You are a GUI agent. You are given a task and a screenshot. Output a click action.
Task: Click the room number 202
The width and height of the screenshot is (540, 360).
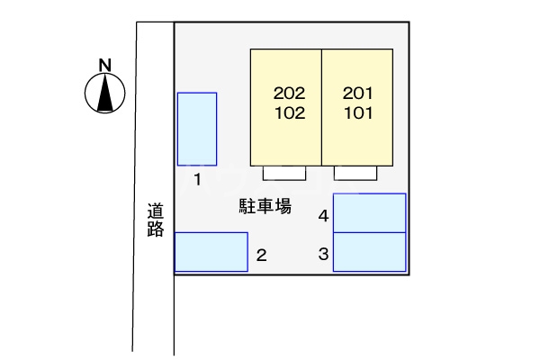tap(289, 94)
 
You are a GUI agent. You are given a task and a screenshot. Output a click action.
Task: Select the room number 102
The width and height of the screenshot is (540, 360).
tap(289, 113)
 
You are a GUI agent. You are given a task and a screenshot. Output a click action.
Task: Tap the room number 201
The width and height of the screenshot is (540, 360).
tap(357, 94)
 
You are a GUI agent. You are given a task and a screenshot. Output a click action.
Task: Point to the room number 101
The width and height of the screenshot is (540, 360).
tap(357, 113)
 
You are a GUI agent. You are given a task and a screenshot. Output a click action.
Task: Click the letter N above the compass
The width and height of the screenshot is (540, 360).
tap(104, 64)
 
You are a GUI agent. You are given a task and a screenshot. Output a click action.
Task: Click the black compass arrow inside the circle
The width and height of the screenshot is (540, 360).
tap(104, 93)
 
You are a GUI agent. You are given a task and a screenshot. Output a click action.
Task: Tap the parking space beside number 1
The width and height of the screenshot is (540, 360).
tap(196, 130)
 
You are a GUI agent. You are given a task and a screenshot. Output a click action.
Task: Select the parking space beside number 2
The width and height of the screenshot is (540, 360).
tap(211, 251)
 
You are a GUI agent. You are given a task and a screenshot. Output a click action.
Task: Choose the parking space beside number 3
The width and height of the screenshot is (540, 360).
tap(369, 252)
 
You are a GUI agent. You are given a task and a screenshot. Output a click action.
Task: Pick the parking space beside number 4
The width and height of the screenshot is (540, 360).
tap(369, 213)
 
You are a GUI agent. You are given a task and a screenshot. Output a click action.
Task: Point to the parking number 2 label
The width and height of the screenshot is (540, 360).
tap(261, 256)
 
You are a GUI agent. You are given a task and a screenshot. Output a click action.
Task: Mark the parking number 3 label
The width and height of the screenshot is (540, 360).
tap(322, 255)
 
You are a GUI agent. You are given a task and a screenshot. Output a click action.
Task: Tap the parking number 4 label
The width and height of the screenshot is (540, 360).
tap(322, 216)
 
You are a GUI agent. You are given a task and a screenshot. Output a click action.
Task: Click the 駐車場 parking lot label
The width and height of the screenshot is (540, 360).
tap(265, 206)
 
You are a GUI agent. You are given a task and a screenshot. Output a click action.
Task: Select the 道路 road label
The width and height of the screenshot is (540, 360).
tap(156, 220)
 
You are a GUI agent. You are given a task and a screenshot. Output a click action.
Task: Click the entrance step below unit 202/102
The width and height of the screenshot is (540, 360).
tap(284, 174)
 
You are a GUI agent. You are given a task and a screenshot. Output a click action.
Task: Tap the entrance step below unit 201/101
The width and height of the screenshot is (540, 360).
tap(356, 174)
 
